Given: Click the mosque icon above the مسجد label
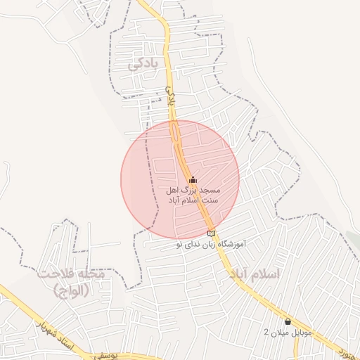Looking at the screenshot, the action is coord(193,180).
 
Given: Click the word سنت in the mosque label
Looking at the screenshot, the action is coord(211,200).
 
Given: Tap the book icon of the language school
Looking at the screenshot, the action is coord(212,234).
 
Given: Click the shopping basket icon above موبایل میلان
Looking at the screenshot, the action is coord(288,321).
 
